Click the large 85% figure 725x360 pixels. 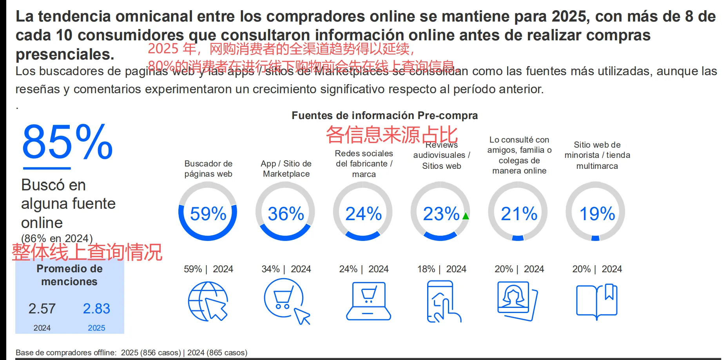point(67,142)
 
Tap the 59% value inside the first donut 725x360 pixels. point(208,214)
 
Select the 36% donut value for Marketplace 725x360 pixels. point(286,214)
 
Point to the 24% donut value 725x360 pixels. point(363,214)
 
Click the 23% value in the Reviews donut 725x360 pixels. point(441,214)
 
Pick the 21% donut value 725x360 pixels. point(519,214)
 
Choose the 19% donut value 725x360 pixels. point(597,214)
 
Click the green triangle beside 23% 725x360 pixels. point(466,216)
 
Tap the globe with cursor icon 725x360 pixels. point(208,301)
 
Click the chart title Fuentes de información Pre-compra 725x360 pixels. point(384,116)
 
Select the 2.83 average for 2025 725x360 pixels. point(96,309)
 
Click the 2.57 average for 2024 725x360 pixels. point(42,309)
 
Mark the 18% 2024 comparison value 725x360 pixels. point(426,269)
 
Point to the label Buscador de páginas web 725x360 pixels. point(208,169)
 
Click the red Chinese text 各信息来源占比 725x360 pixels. point(391,135)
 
